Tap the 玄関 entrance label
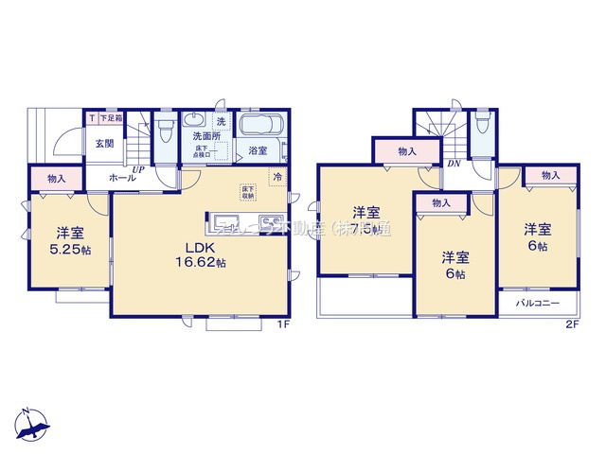pos(104,144)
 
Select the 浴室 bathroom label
pos(258,150)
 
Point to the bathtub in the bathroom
pos(258,127)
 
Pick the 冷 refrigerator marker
pos(277,177)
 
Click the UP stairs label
pos(138,170)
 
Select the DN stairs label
pos(454,164)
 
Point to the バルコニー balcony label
pos(538,305)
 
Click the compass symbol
pos(34,424)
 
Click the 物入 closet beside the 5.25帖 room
pos(56,178)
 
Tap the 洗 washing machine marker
pos(220,122)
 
